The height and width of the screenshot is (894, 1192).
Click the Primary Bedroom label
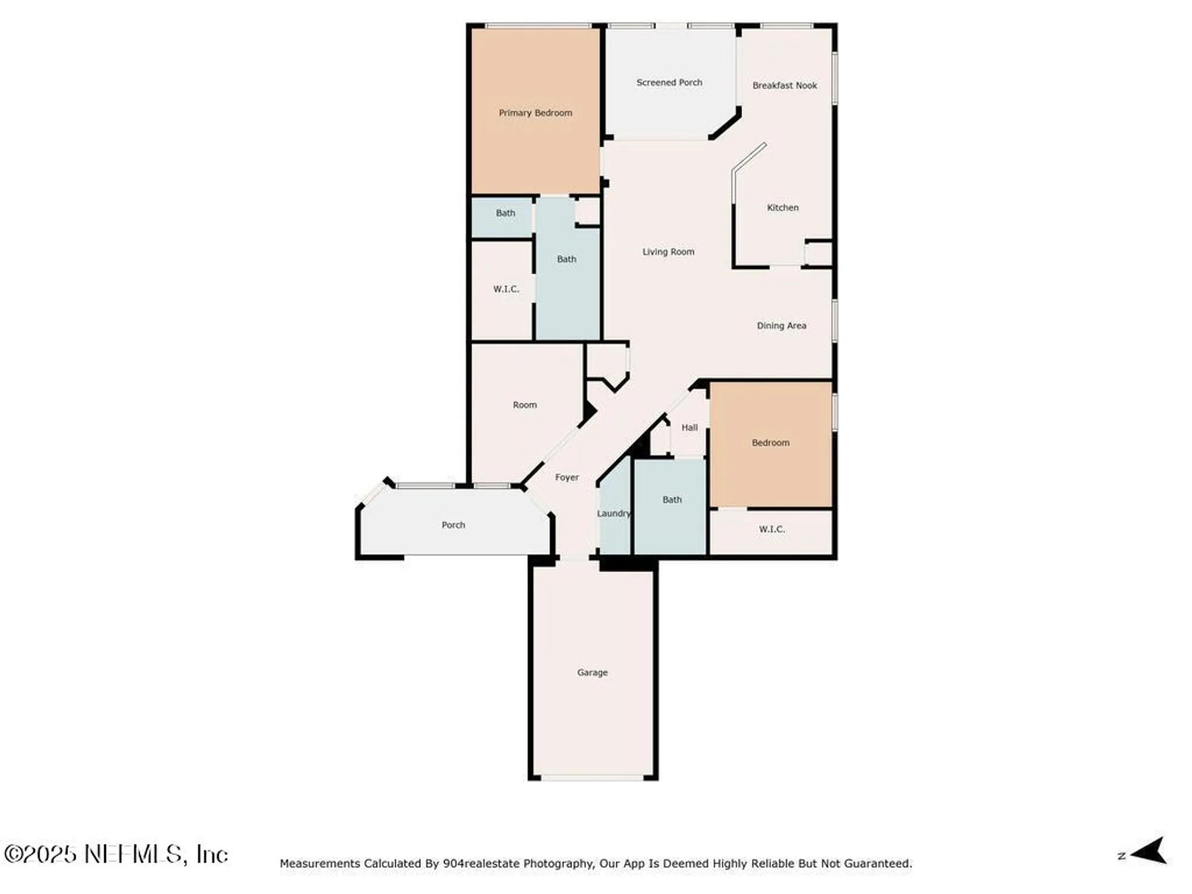pyautogui.click(x=535, y=113)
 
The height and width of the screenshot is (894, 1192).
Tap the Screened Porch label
pyautogui.click(x=669, y=82)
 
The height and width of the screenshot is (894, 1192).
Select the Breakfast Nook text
pyautogui.click(x=784, y=85)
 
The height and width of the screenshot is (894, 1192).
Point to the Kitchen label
pyautogui.click(x=782, y=207)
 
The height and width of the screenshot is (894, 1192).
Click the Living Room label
pyautogui.click(x=668, y=252)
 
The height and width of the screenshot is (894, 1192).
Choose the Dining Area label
pyautogui.click(x=781, y=325)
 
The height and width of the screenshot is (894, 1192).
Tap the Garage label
pyautogui.click(x=592, y=672)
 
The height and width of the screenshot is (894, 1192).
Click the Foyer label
pyautogui.click(x=566, y=477)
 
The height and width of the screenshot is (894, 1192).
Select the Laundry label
pyautogui.click(x=613, y=513)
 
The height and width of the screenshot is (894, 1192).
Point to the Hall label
pyautogui.click(x=689, y=427)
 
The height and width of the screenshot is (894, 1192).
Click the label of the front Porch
pyautogui.click(x=453, y=525)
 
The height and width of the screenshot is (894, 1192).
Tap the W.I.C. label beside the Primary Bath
pyautogui.click(x=505, y=289)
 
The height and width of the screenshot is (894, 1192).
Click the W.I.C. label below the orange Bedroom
pyautogui.click(x=771, y=529)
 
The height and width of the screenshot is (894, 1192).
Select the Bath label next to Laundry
pyautogui.click(x=672, y=499)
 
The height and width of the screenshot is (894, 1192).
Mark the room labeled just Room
pyautogui.click(x=524, y=405)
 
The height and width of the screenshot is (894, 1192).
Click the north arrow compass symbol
pyautogui.click(x=1148, y=850)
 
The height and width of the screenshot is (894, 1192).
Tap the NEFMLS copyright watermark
pyautogui.click(x=116, y=854)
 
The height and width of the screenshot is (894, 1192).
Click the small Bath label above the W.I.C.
pyautogui.click(x=505, y=213)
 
